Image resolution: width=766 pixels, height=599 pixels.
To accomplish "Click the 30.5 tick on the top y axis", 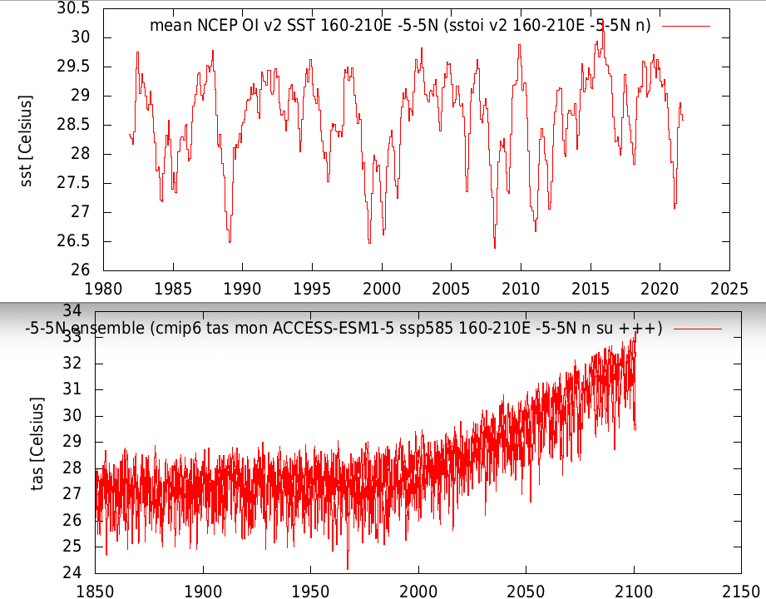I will [x=75, y=8].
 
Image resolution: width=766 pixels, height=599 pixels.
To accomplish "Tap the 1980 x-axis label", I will [x=103, y=289].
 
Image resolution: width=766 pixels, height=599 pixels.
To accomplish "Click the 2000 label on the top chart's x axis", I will [x=382, y=289].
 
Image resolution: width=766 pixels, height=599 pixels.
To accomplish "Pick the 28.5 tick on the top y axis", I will [x=75, y=125].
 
